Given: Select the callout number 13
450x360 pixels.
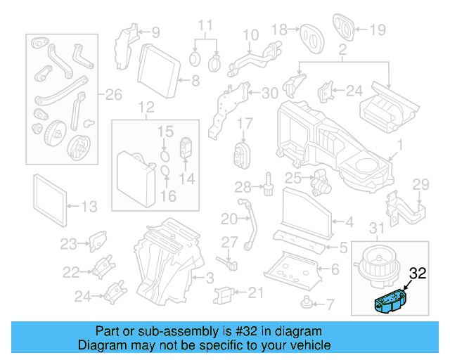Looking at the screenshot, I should tap(90, 207).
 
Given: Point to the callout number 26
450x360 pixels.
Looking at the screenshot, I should tap(113, 94).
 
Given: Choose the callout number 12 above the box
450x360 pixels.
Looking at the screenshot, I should tap(145, 108).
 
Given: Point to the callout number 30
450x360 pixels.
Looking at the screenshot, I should tap(269, 94).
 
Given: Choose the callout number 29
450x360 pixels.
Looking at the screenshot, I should tap(420, 184).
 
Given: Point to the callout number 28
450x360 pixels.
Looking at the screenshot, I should tap(242, 187).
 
